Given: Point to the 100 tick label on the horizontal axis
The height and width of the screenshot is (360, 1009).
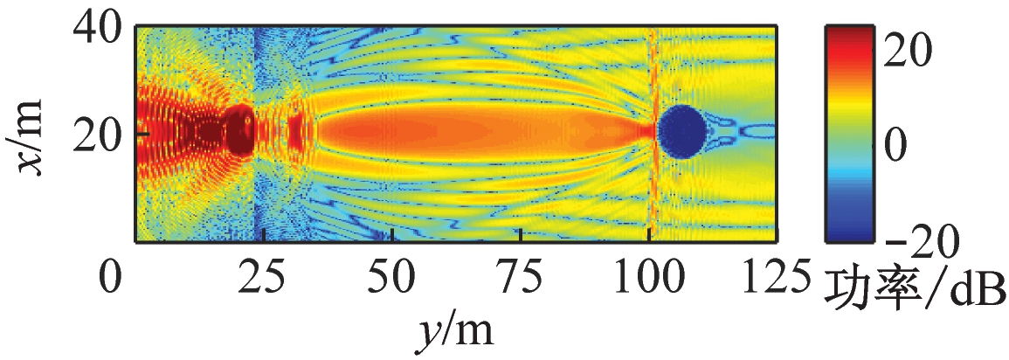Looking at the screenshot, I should [648, 281].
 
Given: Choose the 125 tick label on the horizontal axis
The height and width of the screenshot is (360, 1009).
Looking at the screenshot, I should [776, 281].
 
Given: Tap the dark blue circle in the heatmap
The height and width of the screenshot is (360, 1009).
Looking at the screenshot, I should [681, 131].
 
